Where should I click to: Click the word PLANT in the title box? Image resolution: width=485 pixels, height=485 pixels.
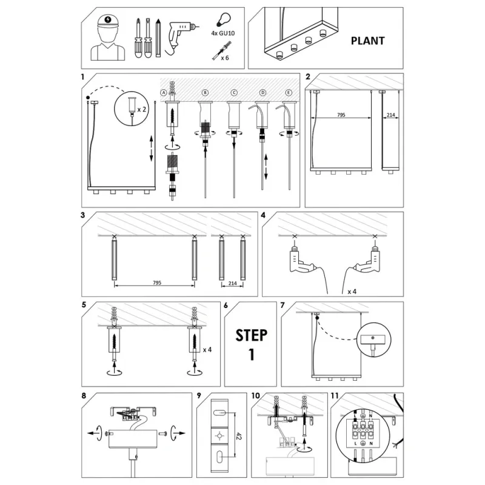point(367,41)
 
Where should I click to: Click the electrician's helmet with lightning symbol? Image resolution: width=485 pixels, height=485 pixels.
point(108,21)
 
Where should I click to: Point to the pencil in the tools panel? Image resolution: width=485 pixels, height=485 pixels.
point(158,38)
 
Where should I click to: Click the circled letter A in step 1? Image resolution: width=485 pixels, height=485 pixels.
point(164,93)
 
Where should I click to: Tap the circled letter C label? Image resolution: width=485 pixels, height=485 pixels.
point(234,93)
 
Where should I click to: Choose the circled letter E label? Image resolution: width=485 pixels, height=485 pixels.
point(289,93)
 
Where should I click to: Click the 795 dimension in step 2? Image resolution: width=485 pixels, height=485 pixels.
point(341,115)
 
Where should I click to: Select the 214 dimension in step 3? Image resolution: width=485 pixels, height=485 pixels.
point(232,283)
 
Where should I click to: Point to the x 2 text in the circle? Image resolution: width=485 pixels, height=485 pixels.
point(142,110)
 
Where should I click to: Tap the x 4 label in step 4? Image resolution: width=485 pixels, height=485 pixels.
point(352,292)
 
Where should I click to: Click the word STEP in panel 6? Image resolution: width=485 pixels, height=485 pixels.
point(252,335)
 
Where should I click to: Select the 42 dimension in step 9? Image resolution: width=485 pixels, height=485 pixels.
point(239,436)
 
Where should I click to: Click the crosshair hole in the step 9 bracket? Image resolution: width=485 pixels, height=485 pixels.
point(219,436)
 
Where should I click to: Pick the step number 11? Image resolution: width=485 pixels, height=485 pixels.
point(335,396)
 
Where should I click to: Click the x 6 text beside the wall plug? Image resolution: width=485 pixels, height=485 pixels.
point(225,58)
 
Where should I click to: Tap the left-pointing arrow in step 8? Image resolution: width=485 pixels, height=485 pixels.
point(92,433)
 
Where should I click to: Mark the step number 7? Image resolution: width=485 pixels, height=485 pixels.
point(282,306)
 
